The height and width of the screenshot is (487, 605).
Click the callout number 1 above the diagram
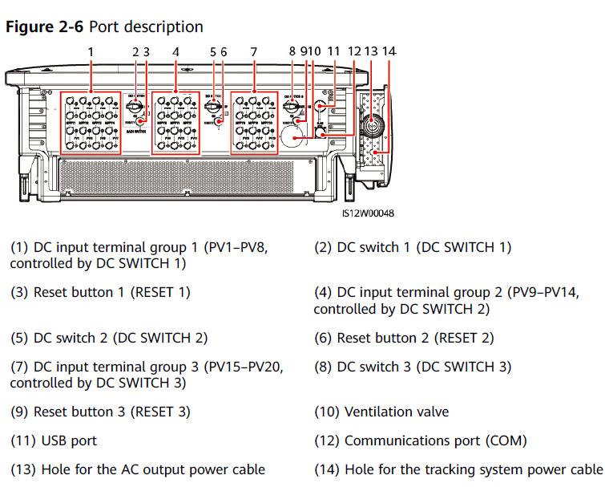click(91, 52)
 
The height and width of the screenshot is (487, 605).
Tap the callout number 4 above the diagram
click(175, 52)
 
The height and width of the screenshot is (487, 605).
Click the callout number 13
click(370, 52)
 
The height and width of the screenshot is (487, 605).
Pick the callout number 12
click(353, 52)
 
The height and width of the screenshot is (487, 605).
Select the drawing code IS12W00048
click(367, 213)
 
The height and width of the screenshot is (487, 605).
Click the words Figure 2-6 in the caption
click(45, 26)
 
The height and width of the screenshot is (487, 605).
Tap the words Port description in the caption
click(146, 26)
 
